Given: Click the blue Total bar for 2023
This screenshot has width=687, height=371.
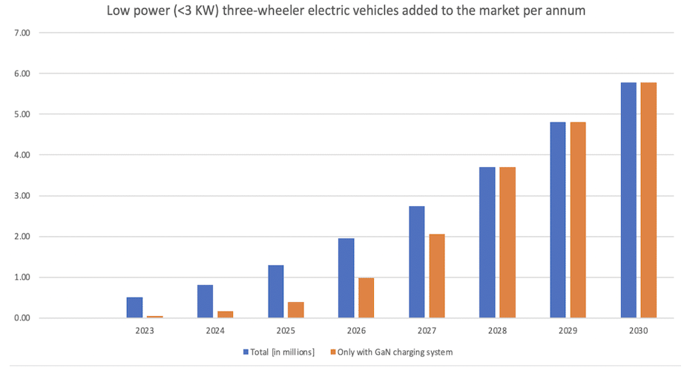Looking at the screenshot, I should tap(134, 308).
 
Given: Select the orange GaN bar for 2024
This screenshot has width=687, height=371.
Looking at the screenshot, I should tap(225, 315).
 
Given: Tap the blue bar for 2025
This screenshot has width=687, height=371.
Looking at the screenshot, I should tap(275, 292).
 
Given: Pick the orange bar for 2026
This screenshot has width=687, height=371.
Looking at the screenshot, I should tap(366, 298).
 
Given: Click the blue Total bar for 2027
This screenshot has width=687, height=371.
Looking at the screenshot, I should tap(416, 262).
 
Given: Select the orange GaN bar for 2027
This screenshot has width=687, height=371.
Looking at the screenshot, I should tap(437, 276).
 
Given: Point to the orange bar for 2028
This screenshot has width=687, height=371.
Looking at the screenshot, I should tap(507, 243).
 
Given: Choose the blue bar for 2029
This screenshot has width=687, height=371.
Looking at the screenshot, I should tap(558, 220).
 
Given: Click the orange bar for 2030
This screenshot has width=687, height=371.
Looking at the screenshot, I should tap(648, 200).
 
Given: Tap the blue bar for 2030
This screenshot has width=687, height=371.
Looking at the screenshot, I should tap(628, 200).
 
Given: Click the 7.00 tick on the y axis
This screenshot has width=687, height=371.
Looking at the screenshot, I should tap(22, 33).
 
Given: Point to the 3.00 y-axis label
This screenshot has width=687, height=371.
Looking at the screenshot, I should tap(22, 196).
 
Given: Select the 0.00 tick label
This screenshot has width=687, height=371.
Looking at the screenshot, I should tap(22, 318).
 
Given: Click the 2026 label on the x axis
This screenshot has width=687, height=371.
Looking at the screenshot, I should tap(356, 330).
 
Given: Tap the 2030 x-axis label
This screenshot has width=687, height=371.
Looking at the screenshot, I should tap(638, 330).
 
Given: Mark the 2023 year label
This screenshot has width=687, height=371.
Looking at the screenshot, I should tap(145, 330).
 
